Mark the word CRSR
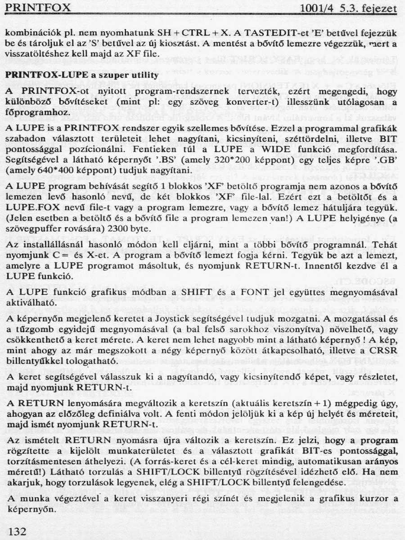pos(385,351)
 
